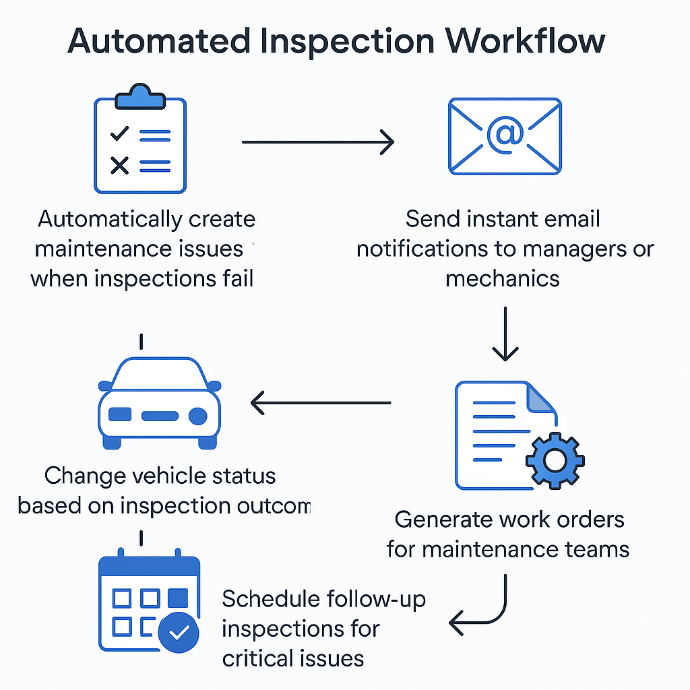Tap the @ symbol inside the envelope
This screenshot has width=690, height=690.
[x=505, y=134]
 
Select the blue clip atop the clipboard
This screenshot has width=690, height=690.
[x=140, y=98]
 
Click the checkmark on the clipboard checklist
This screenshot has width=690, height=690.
[x=120, y=133]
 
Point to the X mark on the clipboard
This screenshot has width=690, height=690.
[x=120, y=164]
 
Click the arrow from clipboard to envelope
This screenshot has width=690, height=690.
[x=317, y=142]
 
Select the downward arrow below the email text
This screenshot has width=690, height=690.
[x=505, y=333]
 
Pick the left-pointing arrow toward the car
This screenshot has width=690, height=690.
[x=320, y=403]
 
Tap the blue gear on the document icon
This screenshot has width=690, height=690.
[x=555, y=461]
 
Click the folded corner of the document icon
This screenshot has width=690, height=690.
[x=540, y=398]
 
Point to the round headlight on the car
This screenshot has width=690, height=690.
[x=197, y=415]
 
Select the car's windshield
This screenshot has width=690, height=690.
[x=159, y=375]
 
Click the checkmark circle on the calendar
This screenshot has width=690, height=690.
[x=179, y=632]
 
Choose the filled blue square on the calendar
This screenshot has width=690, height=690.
[x=177, y=598]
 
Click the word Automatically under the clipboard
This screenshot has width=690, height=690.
[x=110, y=220]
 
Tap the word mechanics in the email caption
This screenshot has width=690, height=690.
[x=503, y=278]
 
